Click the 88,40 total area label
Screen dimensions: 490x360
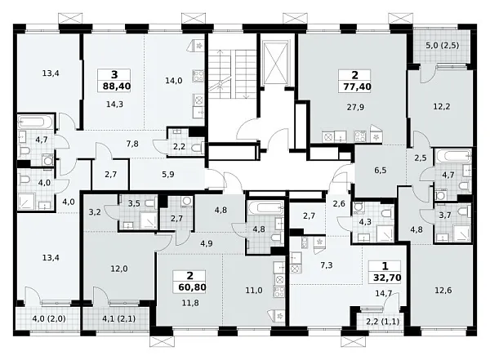coord(116,86)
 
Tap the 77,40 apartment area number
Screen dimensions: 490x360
coord(357,87)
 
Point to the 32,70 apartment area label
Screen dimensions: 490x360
coord(387,278)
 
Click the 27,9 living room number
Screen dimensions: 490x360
coord(355,107)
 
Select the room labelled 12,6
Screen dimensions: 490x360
coord(443,291)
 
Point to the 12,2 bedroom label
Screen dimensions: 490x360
coord(442,107)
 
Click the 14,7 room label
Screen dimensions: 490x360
coord(383,293)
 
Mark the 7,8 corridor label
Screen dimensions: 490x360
coord(132,144)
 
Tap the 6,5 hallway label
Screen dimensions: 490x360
coord(381,171)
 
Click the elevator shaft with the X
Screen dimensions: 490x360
coord(276,63)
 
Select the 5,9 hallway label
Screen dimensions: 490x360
coord(167,175)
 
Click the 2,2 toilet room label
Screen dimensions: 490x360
coord(179,146)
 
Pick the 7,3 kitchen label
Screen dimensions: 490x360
coord(326,265)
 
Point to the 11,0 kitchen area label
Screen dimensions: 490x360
coord(254,291)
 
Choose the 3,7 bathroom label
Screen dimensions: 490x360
coord(443,215)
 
